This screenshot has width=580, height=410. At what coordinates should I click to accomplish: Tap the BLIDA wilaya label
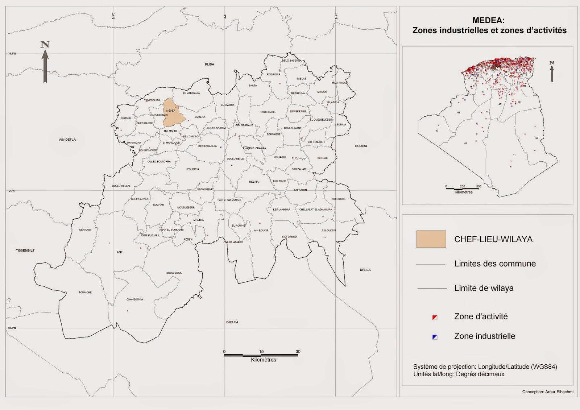[210, 65]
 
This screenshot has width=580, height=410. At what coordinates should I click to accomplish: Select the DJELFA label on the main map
[232, 322]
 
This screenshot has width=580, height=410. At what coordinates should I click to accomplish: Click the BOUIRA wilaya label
[361, 146]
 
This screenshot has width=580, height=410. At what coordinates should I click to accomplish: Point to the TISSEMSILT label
[25, 250]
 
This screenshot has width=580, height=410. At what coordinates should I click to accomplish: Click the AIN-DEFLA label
[67, 140]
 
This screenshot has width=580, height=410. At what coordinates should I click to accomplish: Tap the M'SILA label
[365, 270]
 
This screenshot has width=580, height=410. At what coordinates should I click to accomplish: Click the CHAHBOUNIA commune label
[134, 299]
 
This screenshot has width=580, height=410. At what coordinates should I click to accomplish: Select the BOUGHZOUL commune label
[174, 273]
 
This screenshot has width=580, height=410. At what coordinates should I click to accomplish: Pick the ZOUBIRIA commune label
[193, 169]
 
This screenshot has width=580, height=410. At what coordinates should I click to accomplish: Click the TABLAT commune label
[301, 79]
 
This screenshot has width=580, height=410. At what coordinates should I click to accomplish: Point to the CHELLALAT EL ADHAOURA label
[315, 210]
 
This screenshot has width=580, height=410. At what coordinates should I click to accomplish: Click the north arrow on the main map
[45, 62]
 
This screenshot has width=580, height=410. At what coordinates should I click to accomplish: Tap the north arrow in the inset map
[552, 71]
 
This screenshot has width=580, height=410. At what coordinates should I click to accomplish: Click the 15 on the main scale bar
[261, 351]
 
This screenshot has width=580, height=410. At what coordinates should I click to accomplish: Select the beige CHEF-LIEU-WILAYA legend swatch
[431, 239]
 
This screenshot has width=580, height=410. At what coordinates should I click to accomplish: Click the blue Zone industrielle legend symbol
[435, 337]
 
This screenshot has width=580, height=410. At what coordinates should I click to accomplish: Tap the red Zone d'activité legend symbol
[435, 318]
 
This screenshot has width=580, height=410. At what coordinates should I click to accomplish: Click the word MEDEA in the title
[488, 21]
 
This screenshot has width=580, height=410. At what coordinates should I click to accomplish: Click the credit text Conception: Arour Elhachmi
[547, 392]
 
